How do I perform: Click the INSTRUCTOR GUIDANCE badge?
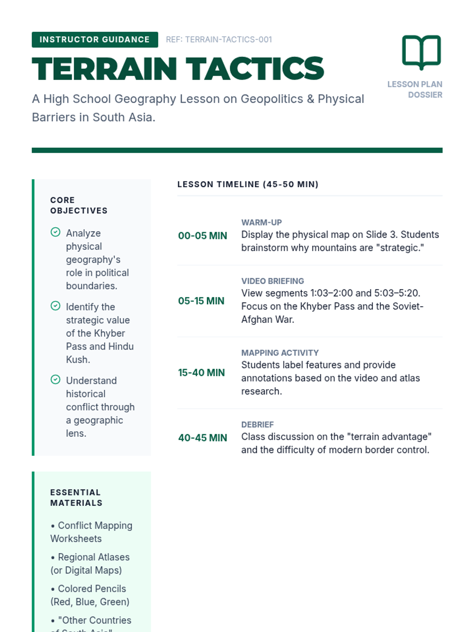[x=95, y=39]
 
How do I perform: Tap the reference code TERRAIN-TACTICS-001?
[x=219, y=39]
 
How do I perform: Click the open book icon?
[x=421, y=52]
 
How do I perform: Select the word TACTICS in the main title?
[x=255, y=69]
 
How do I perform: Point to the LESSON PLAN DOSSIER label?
[x=415, y=90]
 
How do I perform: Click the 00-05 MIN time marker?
[x=203, y=236]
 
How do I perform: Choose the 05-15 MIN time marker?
[x=201, y=301]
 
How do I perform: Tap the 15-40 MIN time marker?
[x=201, y=372]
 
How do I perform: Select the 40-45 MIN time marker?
[x=203, y=438]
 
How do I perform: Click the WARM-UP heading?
[x=261, y=222]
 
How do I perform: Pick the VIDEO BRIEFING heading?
[x=273, y=281]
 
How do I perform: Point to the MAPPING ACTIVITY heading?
[x=280, y=353]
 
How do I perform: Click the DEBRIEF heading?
[x=258, y=425]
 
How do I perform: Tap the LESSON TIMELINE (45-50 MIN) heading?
[x=248, y=184]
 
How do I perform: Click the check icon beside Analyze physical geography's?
[x=56, y=232]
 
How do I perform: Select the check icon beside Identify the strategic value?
[x=56, y=306]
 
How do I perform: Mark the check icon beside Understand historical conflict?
[x=56, y=380]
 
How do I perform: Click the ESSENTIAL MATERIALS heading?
[x=76, y=498]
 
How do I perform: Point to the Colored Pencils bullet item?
[x=90, y=595]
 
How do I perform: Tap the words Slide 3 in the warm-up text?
[x=381, y=235]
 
